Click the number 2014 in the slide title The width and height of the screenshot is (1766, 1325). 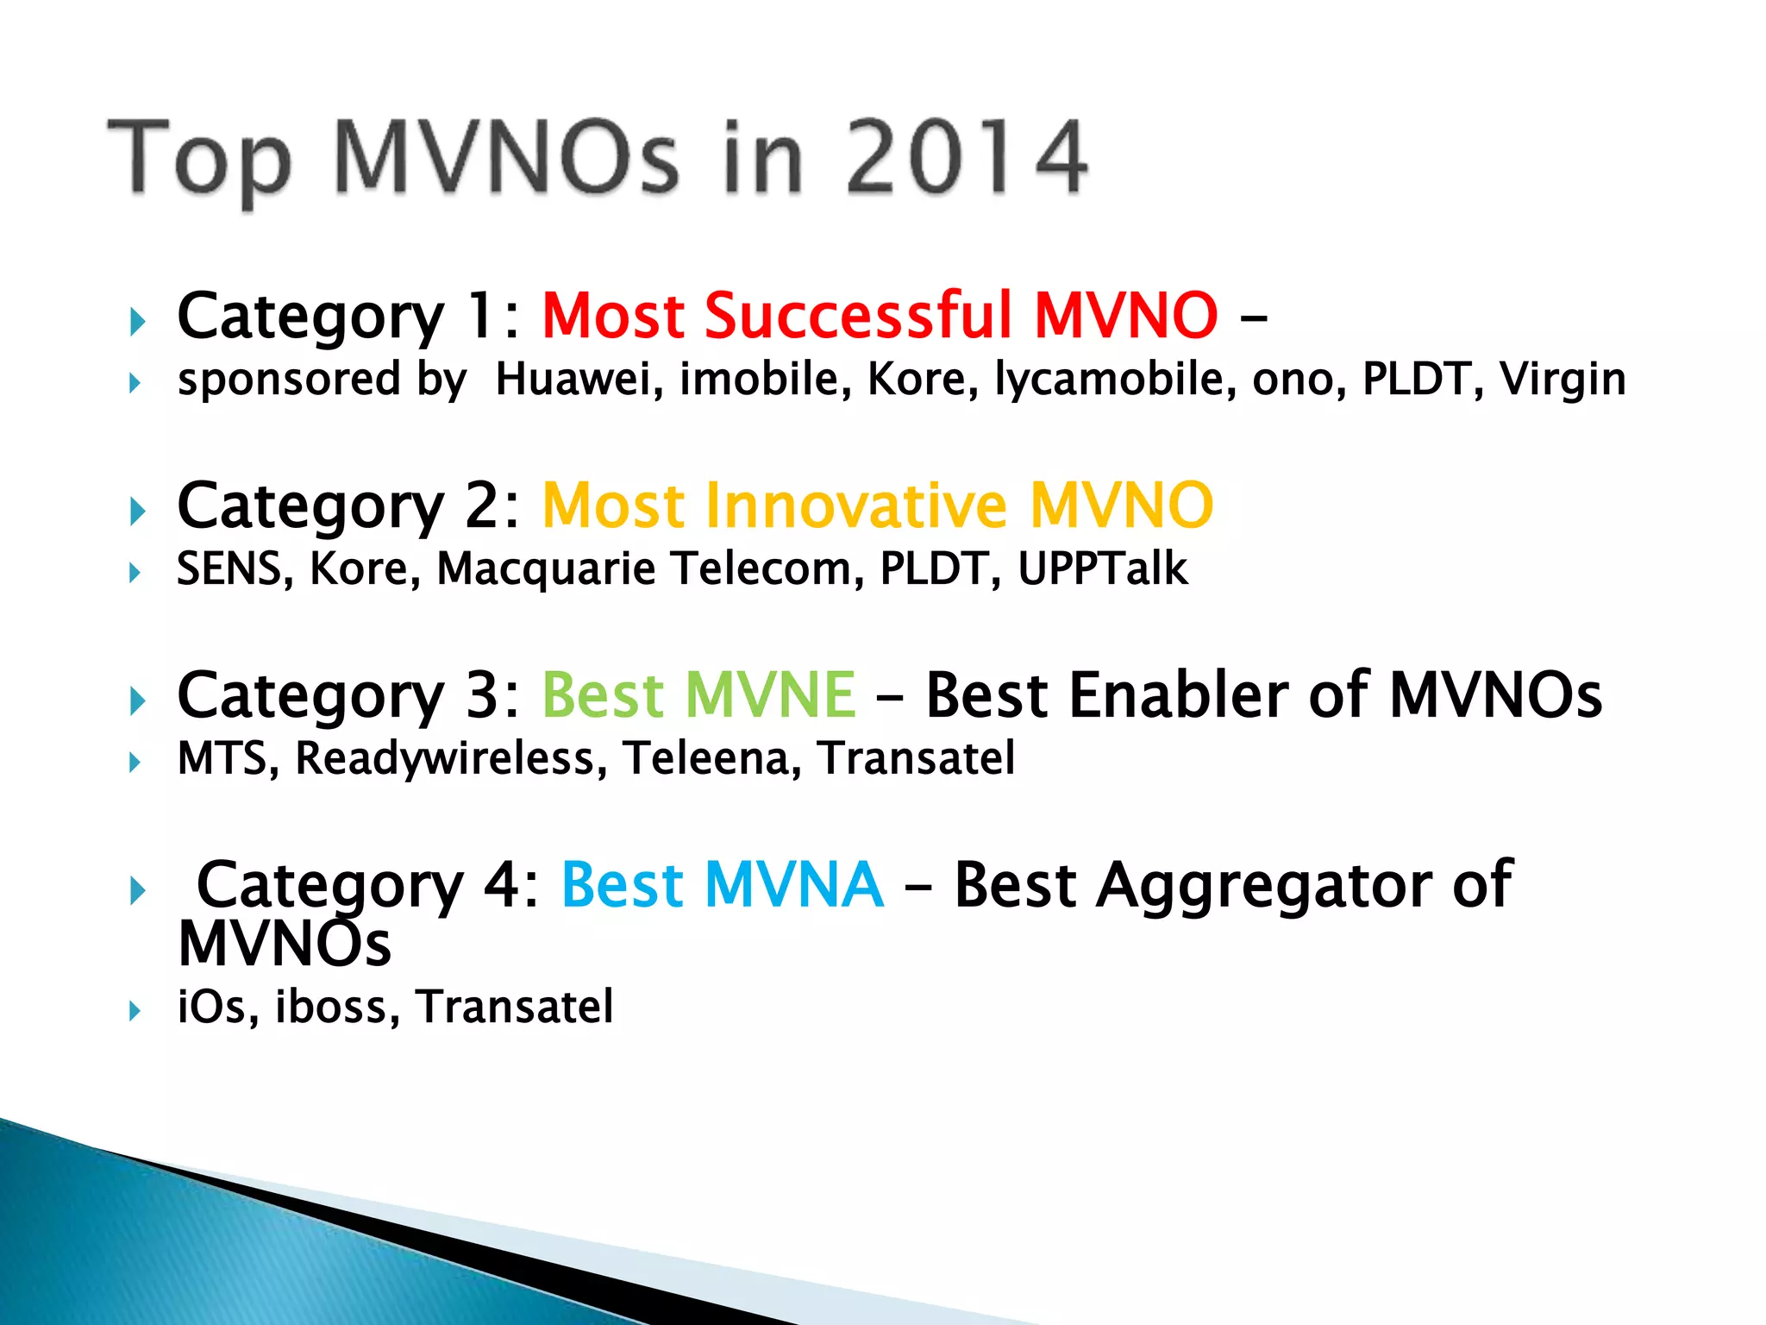click(966, 158)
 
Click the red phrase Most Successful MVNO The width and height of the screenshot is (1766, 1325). click(880, 316)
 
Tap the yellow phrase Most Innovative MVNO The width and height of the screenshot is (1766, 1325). click(877, 506)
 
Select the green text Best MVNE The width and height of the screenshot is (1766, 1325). click(698, 695)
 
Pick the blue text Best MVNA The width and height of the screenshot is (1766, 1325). click(722, 885)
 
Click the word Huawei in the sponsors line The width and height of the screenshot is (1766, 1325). click(579, 380)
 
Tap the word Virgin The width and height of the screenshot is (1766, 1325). click(1562, 380)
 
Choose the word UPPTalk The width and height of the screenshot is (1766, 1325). click(1102, 569)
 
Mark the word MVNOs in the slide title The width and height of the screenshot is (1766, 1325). click(506, 158)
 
